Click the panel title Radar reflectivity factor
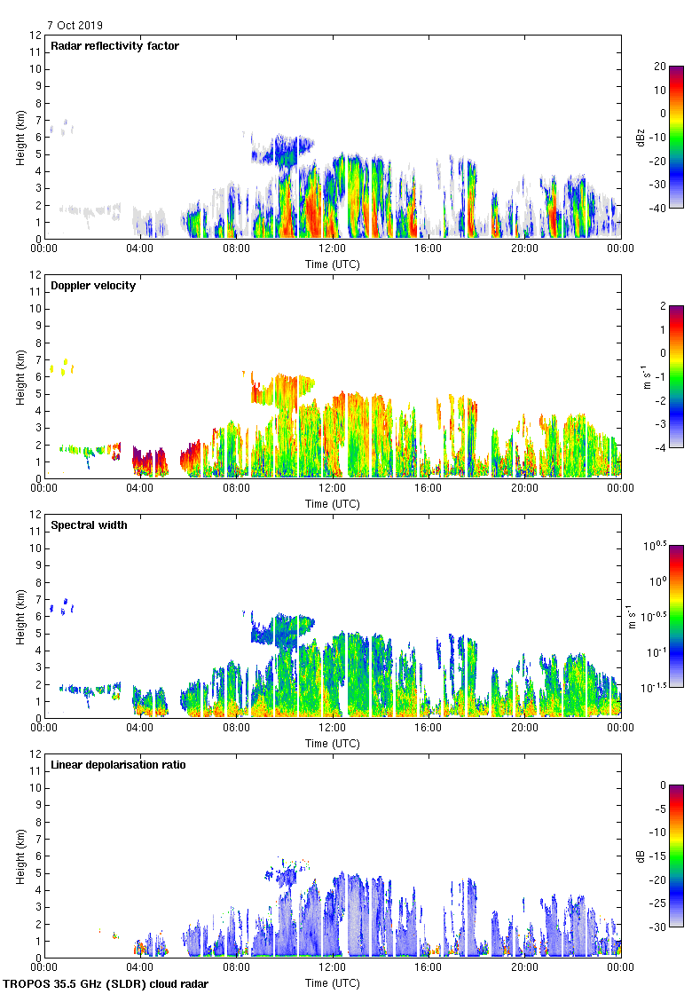point(115,46)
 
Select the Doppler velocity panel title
point(93,286)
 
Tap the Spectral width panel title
point(89,525)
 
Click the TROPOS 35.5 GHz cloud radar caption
point(107,984)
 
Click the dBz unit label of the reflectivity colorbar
point(640,137)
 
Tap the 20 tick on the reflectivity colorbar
point(659,67)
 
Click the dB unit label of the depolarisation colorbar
point(640,856)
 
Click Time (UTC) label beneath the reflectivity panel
point(333,264)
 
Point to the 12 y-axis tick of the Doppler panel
point(35,275)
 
